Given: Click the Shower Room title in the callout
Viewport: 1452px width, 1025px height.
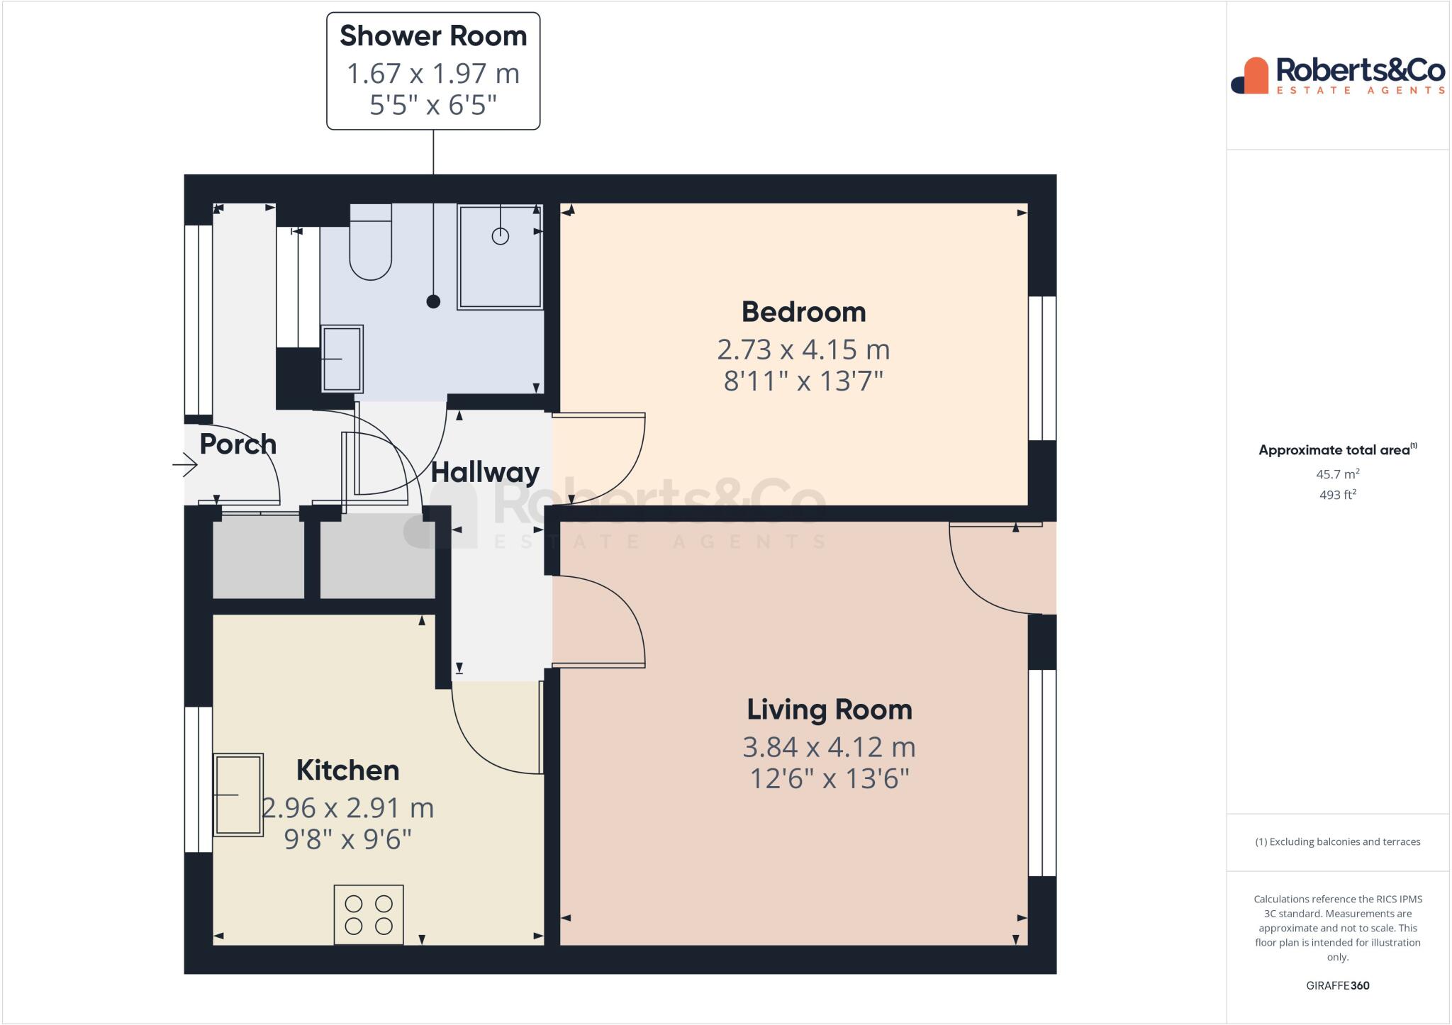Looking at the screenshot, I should (x=433, y=36).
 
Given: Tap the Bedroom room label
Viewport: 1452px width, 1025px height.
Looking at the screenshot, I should (x=803, y=312).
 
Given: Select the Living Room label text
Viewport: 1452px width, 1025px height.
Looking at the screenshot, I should (x=829, y=710).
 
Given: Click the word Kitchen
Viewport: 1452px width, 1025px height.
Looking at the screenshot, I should (x=347, y=771).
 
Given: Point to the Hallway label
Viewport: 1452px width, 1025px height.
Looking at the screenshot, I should (x=485, y=472).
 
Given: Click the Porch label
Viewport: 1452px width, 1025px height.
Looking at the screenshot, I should (x=238, y=444).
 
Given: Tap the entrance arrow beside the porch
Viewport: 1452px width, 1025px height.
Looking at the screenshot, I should (x=185, y=465).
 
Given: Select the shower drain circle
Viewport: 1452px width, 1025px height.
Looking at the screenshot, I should (x=500, y=236).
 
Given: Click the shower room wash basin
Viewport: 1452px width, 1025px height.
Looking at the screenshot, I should (x=342, y=359).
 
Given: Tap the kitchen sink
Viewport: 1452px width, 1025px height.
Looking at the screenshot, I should (x=238, y=795).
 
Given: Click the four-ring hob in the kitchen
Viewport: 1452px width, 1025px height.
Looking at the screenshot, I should (x=369, y=914).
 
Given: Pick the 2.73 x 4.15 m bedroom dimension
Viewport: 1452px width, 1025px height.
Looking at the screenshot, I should (x=803, y=349).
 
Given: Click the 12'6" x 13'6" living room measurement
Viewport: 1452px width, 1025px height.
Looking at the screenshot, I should (x=829, y=779).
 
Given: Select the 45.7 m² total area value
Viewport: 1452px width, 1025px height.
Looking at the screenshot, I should (x=1337, y=474).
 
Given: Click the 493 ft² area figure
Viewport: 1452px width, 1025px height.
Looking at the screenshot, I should (x=1337, y=495).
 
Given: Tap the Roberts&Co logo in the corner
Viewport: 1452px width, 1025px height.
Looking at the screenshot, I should (x=1338, y=76).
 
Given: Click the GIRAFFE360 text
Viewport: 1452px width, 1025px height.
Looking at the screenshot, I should (x=1337, y=985).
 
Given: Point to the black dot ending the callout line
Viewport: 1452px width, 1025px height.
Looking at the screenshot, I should (x=433, y=301).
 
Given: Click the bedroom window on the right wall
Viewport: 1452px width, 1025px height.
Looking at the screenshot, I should (x=1042, y=368).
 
